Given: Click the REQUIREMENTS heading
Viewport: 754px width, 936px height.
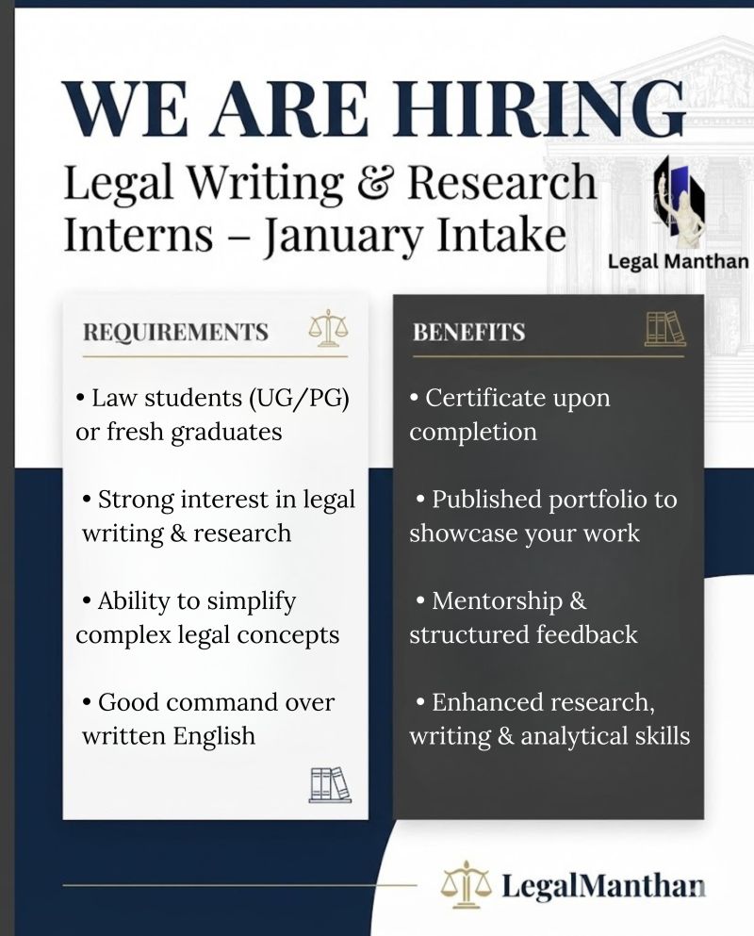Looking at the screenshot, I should tap(175, 333).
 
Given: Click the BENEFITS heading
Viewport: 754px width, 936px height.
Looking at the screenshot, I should tap(468, 333).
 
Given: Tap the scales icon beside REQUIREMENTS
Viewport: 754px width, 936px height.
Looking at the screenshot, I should tap(327, 328).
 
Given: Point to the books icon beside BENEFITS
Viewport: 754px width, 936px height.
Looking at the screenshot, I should tap(665, 328).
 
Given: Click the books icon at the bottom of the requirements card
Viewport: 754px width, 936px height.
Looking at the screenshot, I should tap(330, 784).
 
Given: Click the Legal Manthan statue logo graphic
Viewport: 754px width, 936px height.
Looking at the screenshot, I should tap(680, 200).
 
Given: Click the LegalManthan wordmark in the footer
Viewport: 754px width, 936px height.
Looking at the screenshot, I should tap(603, 886).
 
